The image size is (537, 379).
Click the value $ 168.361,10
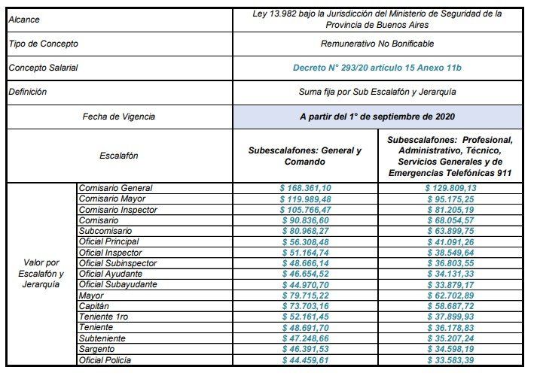[305, 188]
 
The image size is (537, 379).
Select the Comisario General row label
[116, 188]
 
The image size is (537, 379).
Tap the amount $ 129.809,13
[450, 188]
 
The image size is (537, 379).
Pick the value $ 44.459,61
[305, 362]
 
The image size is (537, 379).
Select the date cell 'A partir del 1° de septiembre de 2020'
[377, 117]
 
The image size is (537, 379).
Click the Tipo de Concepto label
[43, 44]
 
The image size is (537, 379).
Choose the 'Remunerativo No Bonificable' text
[377, 44]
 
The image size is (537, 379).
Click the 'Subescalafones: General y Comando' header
[305, 156]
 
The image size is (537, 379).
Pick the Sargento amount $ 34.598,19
[450, 350]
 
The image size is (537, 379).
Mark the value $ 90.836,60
[305, 220]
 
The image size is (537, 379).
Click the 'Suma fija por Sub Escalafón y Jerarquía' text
[377, 92]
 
